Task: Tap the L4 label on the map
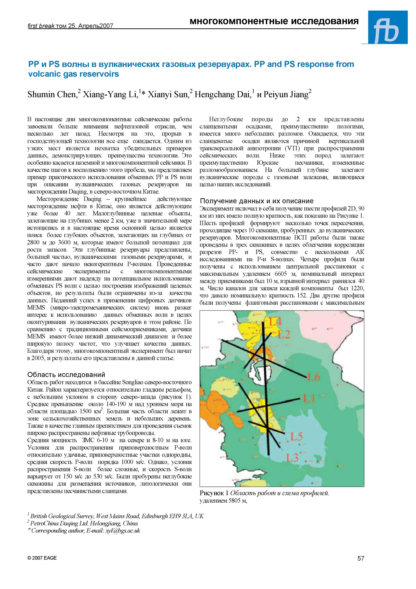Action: click(275, 322)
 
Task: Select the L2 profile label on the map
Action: click(284, 334)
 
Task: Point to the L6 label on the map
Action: click(314, 377)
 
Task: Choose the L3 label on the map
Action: click(292, 458)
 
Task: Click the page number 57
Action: click(361, 558)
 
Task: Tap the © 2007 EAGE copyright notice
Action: click(42, 558)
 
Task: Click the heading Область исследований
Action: click(66, 375)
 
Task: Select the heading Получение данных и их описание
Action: click(257, 201)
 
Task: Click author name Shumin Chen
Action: click(52, 95)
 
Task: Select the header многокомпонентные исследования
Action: click(274, 21)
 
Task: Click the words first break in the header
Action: click(41, 26)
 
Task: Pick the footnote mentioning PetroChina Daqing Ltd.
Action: click(84, 523)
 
